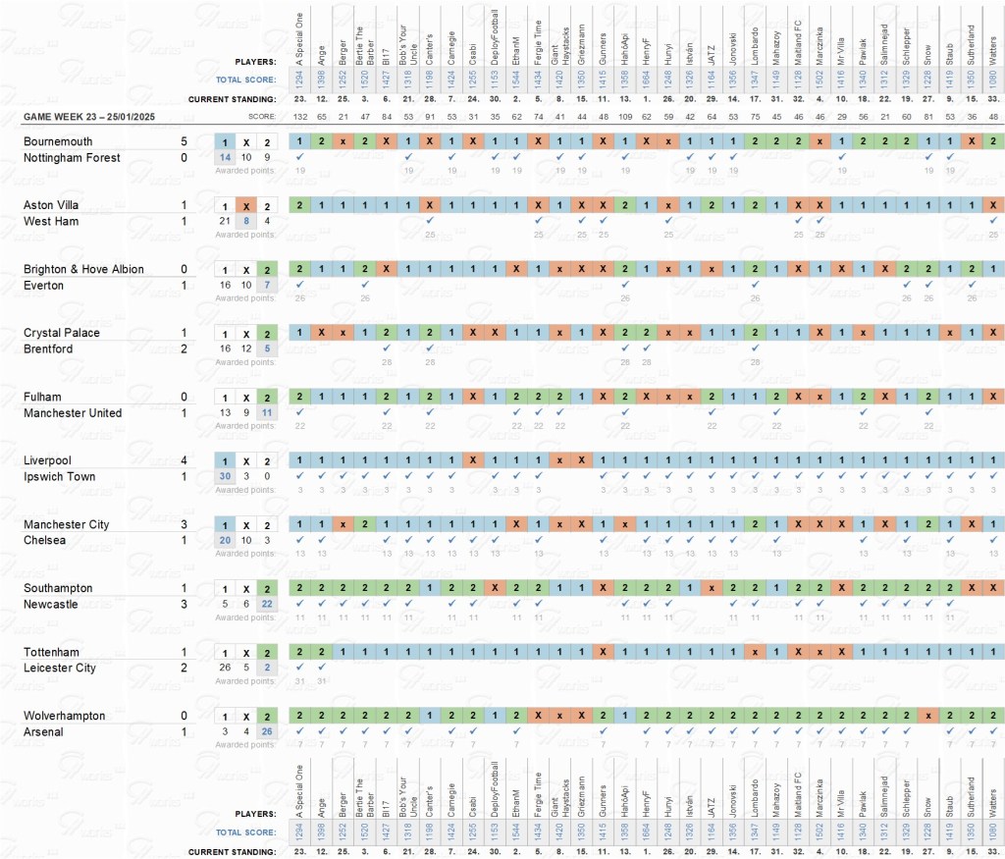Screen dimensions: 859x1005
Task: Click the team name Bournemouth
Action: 57,141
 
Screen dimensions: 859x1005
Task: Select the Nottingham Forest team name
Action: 72,158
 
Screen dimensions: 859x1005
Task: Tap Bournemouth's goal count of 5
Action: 184,141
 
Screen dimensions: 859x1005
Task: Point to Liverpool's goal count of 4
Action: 184,460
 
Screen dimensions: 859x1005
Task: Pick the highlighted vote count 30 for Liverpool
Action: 225,476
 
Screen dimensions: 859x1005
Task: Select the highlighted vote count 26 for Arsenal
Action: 267,731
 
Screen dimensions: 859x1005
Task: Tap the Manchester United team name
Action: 73,413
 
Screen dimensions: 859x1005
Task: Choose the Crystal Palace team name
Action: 63,333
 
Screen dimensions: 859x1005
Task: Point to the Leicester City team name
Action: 60,669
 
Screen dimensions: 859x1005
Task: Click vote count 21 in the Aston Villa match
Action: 225,221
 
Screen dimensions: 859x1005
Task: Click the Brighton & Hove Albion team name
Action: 83,269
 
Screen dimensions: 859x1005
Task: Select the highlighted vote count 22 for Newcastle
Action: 267,604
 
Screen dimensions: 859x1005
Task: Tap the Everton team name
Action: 44,286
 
